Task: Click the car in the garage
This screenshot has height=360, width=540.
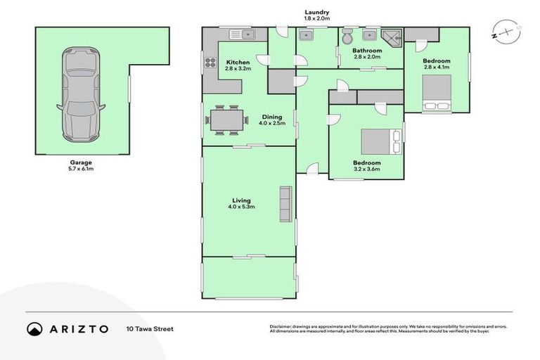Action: [x=79, y=94]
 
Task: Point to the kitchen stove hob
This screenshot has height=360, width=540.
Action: [x=210, y=63]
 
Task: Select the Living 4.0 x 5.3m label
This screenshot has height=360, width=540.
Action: [x=241, y=203]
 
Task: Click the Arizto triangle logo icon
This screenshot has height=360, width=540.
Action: [x=35, y=329]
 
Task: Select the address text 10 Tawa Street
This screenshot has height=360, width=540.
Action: [x=150, y=328]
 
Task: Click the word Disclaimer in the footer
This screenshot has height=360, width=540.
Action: [x=282, y=326]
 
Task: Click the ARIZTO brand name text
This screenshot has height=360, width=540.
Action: [x=79, y=329]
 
